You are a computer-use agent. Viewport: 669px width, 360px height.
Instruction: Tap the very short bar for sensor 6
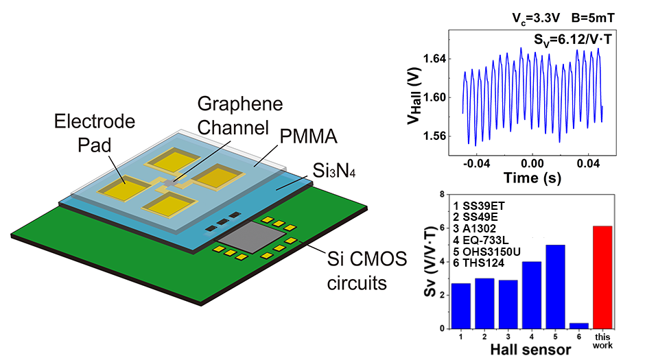pyautogui.click(x=579, y=326)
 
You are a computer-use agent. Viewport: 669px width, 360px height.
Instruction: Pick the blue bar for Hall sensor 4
pyautogui.click(x=532, y=295)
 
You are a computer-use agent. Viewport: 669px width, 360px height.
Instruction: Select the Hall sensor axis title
pyautogui.click(x=532, y=350)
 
